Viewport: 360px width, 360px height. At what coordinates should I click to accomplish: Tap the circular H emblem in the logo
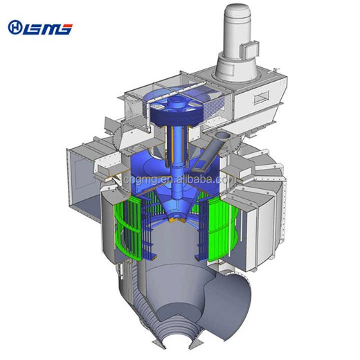(x=15, y=27)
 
